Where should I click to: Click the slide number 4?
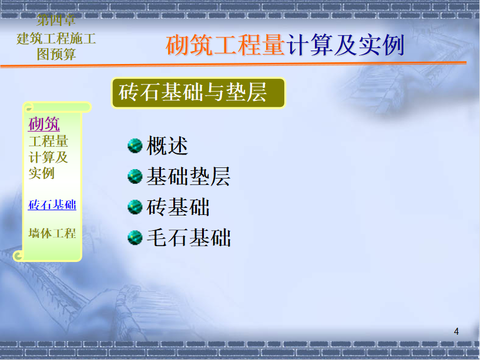456,332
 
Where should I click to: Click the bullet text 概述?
167,146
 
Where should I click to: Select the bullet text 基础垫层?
188,176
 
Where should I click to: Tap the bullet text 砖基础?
178,207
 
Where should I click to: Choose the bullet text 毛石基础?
188,237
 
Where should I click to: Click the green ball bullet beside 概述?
135,146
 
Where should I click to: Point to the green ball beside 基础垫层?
135,176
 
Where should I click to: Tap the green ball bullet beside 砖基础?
135,207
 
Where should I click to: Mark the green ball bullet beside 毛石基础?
135,237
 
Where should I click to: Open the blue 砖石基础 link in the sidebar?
52,204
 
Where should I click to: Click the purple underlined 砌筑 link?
44,124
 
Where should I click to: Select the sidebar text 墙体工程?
52,233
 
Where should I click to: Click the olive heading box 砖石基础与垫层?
199,93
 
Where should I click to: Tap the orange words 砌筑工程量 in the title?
226,45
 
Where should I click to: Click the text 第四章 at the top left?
56,20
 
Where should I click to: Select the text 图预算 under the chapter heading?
56,54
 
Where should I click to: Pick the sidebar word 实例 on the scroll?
42,173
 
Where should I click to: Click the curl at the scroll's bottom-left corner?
18,255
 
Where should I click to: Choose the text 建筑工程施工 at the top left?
56,39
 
